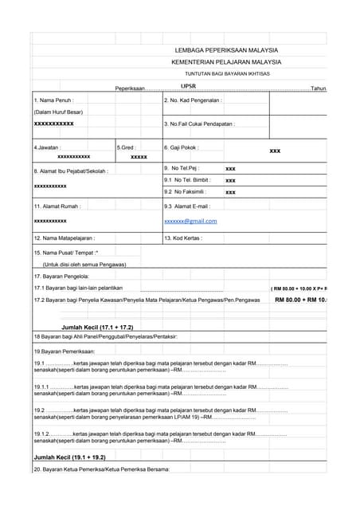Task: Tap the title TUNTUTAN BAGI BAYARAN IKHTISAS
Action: [x=227, y=73]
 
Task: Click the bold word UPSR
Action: [x=189, y=86]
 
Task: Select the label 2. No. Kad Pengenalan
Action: [x=194, y=100]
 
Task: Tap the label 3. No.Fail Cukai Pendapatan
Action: [x=199, y=124]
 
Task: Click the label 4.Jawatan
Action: [x=49, y=147]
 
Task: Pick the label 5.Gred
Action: [x=127, y=147]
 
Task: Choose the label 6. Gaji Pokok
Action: [x=182, y=147]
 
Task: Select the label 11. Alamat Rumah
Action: [x=58, y=206]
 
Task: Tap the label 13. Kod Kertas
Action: [x=183, y=237]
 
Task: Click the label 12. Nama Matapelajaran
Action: [x=65, y=237]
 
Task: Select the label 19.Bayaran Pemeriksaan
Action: [x=65, y=351]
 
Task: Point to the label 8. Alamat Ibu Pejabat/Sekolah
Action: [x=71, y=171]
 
